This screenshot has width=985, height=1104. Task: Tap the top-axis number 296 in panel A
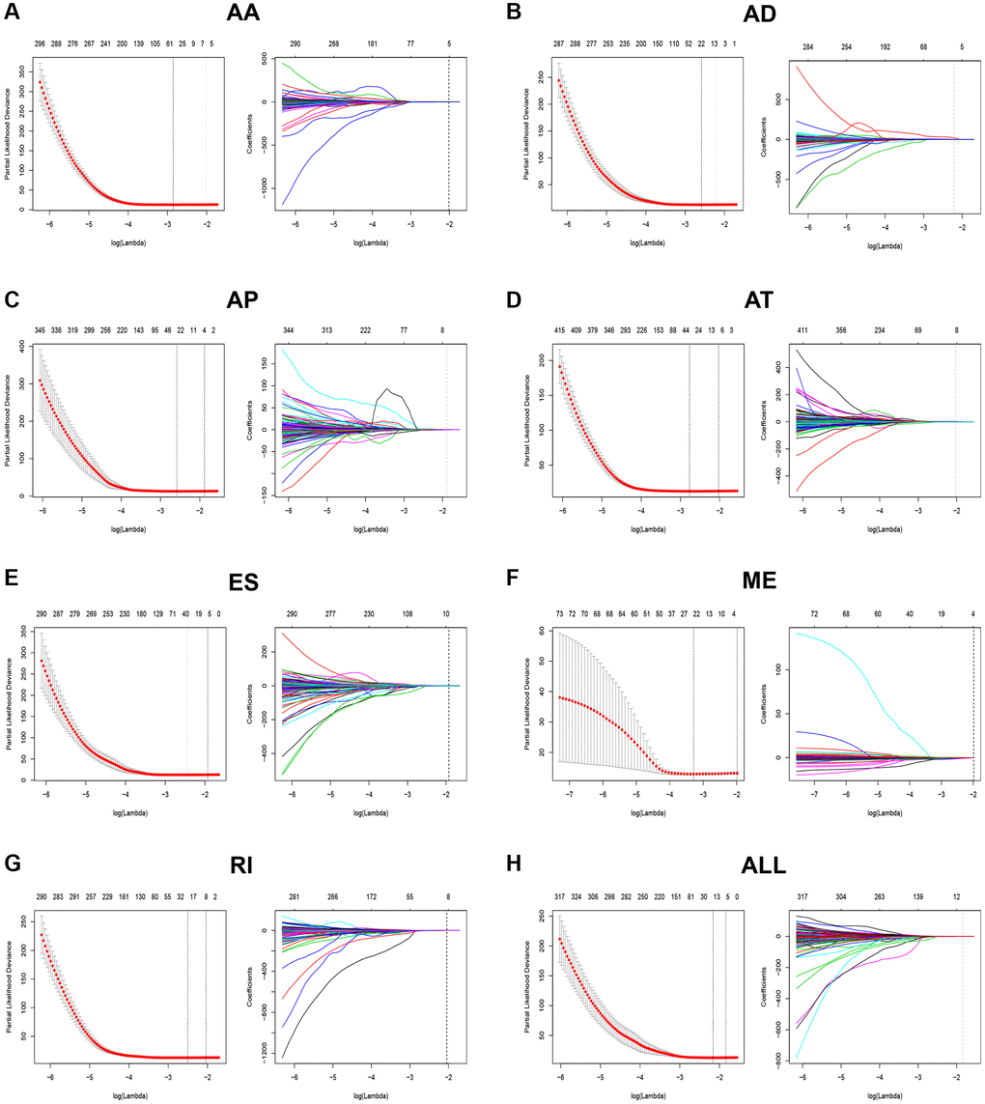(41, 43)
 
